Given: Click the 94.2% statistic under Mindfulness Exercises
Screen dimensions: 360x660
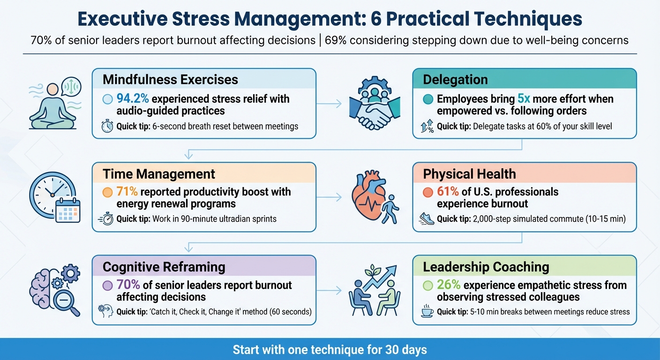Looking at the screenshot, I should pos(133,99).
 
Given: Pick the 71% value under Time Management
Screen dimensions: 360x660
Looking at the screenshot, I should pos(126,192).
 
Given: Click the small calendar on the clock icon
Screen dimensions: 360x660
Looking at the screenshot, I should pos(68,210).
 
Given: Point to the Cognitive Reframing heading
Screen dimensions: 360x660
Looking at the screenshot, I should pos(164,267).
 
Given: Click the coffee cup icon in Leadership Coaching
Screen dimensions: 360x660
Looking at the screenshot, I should pos(427,312).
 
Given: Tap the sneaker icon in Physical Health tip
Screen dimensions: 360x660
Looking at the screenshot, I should pos(427,218).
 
